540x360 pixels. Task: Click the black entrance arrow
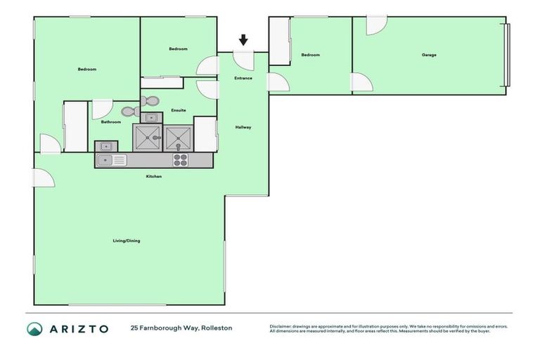(243, 40)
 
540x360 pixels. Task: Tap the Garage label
(429, 55)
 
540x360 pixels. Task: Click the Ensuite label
(179, 110)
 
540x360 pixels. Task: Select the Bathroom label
(111, 122)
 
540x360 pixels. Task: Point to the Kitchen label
(154, 176)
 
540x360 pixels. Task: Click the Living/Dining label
(127, 241)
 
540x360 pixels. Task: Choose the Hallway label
(243, 127)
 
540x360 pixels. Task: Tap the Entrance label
(243, 78)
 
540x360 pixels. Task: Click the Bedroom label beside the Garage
(311, 55)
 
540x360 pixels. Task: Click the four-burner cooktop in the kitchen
(180, 160)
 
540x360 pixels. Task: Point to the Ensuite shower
(179, 139)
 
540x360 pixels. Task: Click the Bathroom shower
(148, 138)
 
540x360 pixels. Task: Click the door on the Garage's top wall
(375, 24)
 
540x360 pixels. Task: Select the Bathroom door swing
(101, 108)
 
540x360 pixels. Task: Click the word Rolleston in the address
(217, 328)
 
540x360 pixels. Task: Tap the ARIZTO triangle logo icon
(34, 328)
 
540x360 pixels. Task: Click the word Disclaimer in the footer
(281, 326)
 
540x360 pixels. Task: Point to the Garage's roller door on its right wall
(506, 55)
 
